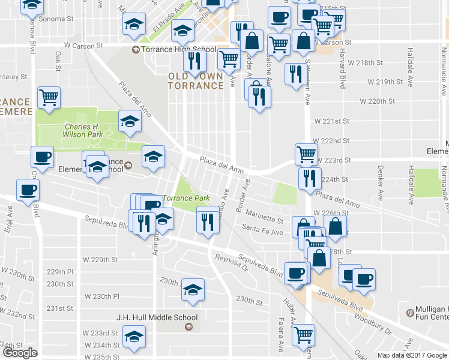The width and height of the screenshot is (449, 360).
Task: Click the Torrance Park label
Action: click(186, 198)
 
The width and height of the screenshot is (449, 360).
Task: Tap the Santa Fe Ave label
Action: click(262, 232)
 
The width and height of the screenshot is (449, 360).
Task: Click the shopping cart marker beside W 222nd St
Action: click(307, 154)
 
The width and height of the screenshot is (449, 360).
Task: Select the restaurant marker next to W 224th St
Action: click(310, 178)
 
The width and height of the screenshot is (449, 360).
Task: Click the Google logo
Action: click(20, 353)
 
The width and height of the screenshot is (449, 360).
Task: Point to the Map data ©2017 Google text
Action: click(412, 355)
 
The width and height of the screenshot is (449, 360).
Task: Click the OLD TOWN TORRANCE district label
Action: click(196, 80)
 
